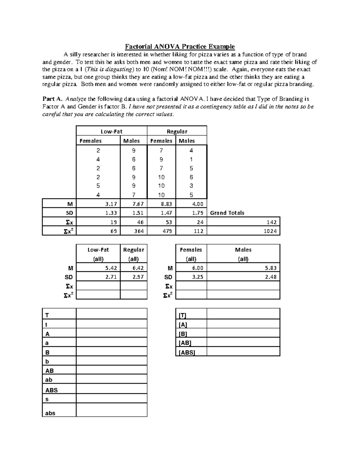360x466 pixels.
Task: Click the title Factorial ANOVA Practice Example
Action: [x=180, y=47]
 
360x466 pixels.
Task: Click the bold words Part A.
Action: [x=52, y=99]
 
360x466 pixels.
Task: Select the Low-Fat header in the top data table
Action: [x=111, y=131]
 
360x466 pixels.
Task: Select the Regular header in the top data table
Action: [x=177, y=131]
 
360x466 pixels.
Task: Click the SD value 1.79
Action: [x=198, y=213]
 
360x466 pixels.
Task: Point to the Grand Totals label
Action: [x=227, y=213]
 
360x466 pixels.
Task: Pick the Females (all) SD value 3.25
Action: [x=197, y=277]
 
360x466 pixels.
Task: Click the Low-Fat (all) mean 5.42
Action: [x=111, y=268]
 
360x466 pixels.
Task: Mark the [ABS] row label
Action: [x=187, y=353]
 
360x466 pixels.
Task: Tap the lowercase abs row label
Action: [x=50, y=413]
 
